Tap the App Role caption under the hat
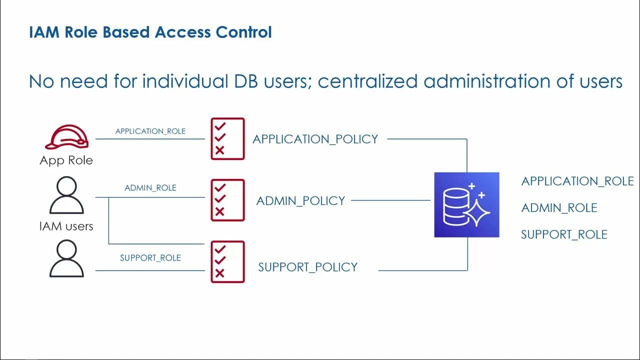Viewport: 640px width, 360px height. tap(66, 160)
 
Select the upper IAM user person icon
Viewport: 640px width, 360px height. tap(67, 195)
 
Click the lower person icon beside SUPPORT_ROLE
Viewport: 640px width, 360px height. tap(67, 258)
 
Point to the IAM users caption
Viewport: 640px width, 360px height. tap(66, 226)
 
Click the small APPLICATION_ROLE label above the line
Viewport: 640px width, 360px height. tap(150, 131)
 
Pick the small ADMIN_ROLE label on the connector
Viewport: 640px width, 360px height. tap(150, 188)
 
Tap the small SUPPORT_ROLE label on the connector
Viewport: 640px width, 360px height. tap(150, 258)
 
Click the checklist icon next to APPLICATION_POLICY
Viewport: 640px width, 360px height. tap(227, 139)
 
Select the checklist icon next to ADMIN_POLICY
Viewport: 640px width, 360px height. tap(227, 200)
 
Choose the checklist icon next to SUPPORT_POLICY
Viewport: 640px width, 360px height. tap(227, 262)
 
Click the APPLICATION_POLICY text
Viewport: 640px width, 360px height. tap(315, 139)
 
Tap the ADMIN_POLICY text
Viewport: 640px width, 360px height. tap(300, 201)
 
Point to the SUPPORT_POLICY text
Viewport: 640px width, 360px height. tap(308, 267)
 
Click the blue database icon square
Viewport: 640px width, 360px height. tap(466, 204)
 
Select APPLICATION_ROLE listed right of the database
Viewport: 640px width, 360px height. tap(577, 181)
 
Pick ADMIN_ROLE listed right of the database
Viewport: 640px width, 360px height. tap(559, 208)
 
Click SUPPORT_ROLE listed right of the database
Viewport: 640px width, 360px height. tap(564, 234)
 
